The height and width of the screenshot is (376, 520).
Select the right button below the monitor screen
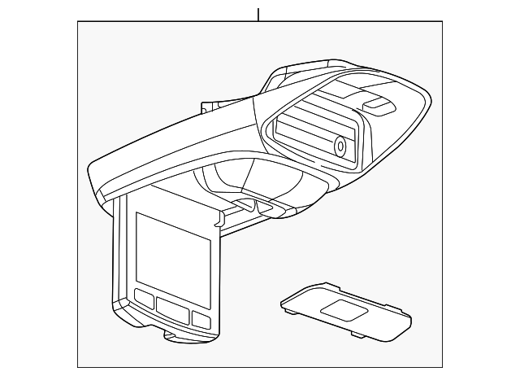pos(201,317)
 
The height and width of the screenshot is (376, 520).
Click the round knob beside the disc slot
pos(340,147)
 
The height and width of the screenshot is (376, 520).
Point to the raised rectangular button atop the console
pos(378,104)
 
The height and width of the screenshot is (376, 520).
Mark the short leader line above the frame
pos(258,15)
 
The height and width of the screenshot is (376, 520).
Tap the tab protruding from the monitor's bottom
pos(175,334)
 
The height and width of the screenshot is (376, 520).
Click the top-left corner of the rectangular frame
pos(78,23)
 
